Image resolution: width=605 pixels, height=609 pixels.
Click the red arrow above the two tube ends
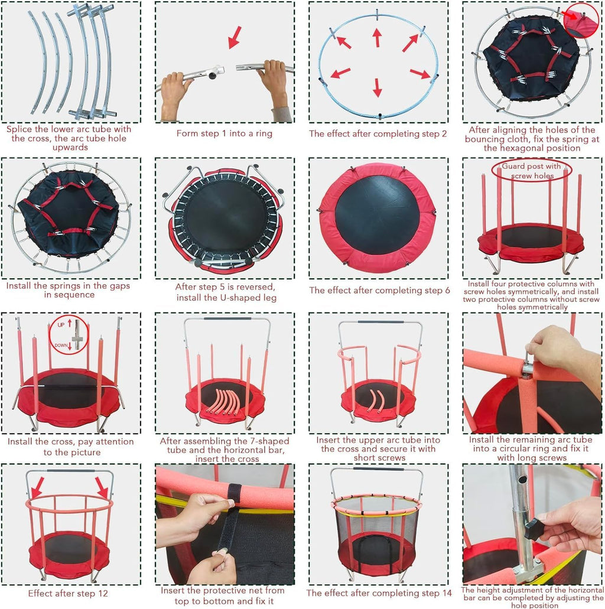(235, 37)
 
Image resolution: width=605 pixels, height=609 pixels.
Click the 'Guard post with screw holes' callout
(531, 171)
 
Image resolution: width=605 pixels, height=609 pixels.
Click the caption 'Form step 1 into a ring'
(225, 133)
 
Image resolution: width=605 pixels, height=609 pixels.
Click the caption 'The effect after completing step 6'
(379, 290)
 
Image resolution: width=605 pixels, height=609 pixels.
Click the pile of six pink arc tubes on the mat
(225, 402)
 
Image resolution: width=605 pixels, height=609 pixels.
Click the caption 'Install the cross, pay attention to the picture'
(71, 447)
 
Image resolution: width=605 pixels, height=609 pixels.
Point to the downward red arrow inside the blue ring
(377, 87)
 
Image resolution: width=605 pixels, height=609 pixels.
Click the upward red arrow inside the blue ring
(376, 37)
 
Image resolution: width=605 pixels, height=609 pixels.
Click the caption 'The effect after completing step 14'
(379, 592)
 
